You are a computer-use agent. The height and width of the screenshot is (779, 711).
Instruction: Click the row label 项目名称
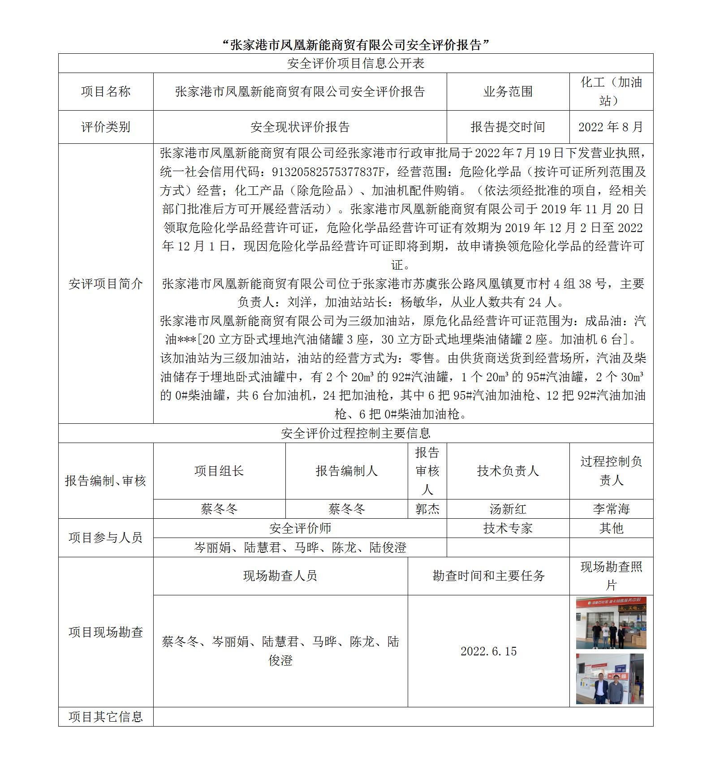(106, 91)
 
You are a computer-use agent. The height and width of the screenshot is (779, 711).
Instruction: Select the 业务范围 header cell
(508, 91)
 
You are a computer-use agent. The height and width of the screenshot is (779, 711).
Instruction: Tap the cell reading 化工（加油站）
(611, 91)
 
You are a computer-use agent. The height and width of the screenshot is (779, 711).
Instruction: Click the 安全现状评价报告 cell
(300, 127)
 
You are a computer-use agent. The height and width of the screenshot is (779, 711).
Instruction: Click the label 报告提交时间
(508, 127)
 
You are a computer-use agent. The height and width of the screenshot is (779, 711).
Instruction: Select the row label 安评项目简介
(106, 284)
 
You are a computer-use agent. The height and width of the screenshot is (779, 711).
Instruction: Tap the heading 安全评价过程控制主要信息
(355, 433)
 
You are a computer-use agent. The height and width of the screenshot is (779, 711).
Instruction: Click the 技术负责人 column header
(508, 471)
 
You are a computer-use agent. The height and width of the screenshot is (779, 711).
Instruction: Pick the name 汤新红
(508, 509)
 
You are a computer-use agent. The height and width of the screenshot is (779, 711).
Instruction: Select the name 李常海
(611, 509)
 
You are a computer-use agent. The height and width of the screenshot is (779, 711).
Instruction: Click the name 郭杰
(427, 509)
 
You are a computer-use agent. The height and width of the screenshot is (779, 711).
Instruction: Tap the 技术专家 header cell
(508, 528)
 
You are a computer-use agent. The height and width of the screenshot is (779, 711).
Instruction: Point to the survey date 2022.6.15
(488, 651)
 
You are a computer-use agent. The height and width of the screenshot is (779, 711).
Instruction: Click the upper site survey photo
(611, 623)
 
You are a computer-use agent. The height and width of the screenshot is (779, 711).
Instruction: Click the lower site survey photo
(610, 679)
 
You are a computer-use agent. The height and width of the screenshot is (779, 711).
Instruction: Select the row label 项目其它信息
(106, 717)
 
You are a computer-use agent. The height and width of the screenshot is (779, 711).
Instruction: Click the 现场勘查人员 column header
(280, 576)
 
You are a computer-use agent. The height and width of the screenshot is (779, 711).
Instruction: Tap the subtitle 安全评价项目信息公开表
(355, 63)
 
